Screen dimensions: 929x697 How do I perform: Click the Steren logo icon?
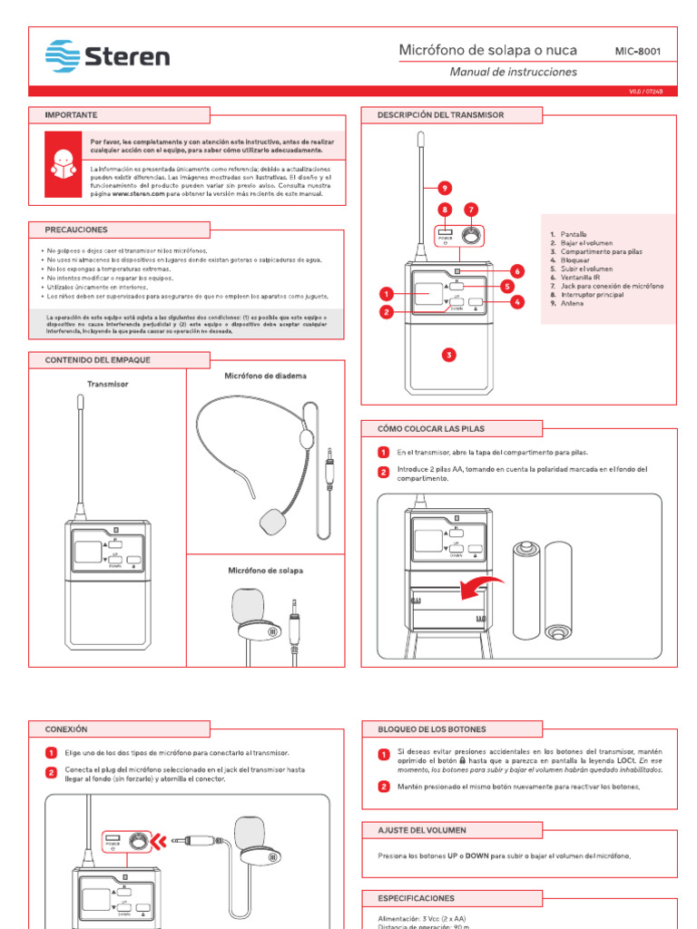[63, 56]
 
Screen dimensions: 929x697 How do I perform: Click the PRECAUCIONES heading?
[76, 230]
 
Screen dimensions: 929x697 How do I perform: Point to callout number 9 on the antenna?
[445, 188]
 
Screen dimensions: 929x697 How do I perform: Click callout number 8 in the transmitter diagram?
[445, 210]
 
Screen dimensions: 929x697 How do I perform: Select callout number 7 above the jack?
[471, 210]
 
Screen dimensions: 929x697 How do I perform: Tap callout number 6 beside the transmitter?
[516, 270]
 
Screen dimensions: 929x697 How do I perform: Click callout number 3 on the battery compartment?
[448, 355]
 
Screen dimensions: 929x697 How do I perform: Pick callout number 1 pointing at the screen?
[386, 294]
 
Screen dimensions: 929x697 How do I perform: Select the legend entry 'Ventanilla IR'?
[581, 278]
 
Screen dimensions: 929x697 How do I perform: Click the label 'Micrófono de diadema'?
[265, 376]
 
